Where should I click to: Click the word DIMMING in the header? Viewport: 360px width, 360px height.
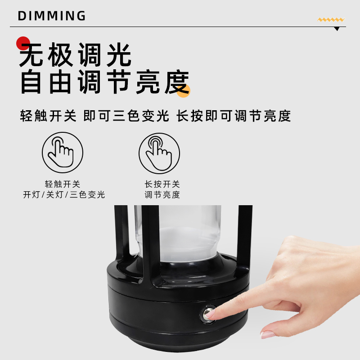[52, 16]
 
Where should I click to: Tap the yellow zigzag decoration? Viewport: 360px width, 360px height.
[331, 20]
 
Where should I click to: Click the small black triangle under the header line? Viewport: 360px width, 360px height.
[337, 29]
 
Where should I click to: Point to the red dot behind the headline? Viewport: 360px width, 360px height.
[23, 43]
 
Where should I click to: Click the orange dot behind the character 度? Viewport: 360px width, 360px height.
[183, 91]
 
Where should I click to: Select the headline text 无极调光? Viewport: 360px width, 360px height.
[76, 55]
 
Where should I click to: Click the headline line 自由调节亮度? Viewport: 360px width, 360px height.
[105, 82]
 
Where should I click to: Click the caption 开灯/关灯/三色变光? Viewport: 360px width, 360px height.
[64, 195]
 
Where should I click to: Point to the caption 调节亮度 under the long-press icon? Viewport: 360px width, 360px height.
[162, 195]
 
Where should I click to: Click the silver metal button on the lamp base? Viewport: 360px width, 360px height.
[207, 313]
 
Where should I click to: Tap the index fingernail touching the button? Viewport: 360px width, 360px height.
[210, 314]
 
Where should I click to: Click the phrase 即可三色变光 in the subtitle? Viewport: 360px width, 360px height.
[126, 116]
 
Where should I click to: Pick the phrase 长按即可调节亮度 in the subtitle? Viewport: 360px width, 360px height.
[234, 116]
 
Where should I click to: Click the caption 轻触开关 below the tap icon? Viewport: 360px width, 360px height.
[63, 184]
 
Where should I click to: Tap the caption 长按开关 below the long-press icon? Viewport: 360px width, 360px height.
[162, 184]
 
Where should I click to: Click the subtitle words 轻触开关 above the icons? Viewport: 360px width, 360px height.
[48, 116]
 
